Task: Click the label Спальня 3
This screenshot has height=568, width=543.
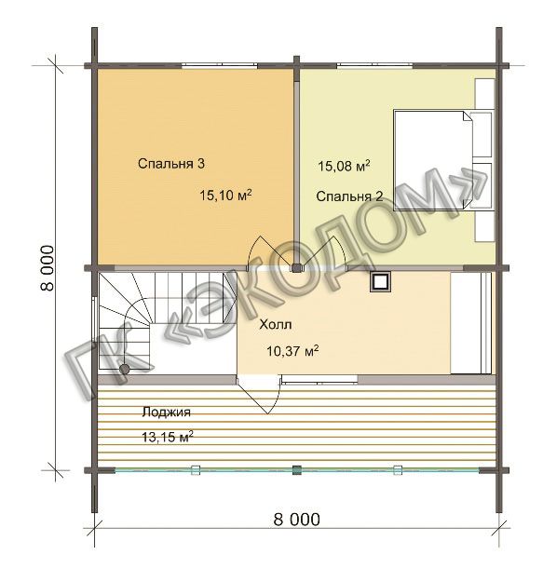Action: (x=171, y=164)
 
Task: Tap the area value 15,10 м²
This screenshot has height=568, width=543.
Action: (x=225, y=196)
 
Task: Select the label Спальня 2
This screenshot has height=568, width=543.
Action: (x=349, y=196)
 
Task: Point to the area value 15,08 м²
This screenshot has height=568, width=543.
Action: (x=344, y=166)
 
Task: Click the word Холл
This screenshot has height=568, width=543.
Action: (x=276, y=325)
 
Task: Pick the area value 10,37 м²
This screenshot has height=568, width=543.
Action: (x=292, y=351)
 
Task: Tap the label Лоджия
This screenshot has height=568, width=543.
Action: (x=166, y=412)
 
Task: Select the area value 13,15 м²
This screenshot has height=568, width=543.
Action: (x=167, y=437)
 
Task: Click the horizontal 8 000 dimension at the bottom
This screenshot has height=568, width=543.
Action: (x=297, y=520)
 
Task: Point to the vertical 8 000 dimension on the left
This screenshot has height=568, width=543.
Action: (x=48, y=268)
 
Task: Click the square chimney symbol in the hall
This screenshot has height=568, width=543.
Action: (x=380, y=281)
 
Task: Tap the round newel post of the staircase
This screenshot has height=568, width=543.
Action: (x=124, y=369)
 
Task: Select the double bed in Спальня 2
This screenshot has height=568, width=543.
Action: (x=434, y=160)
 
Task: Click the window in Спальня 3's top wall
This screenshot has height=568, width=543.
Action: (x=220, y=65)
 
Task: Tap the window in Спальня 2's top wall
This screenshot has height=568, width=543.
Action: (x=375, y=65)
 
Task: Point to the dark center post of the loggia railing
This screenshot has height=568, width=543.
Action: (x=297, y=470)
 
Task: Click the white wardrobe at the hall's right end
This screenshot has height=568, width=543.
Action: (x=471, y=322)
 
